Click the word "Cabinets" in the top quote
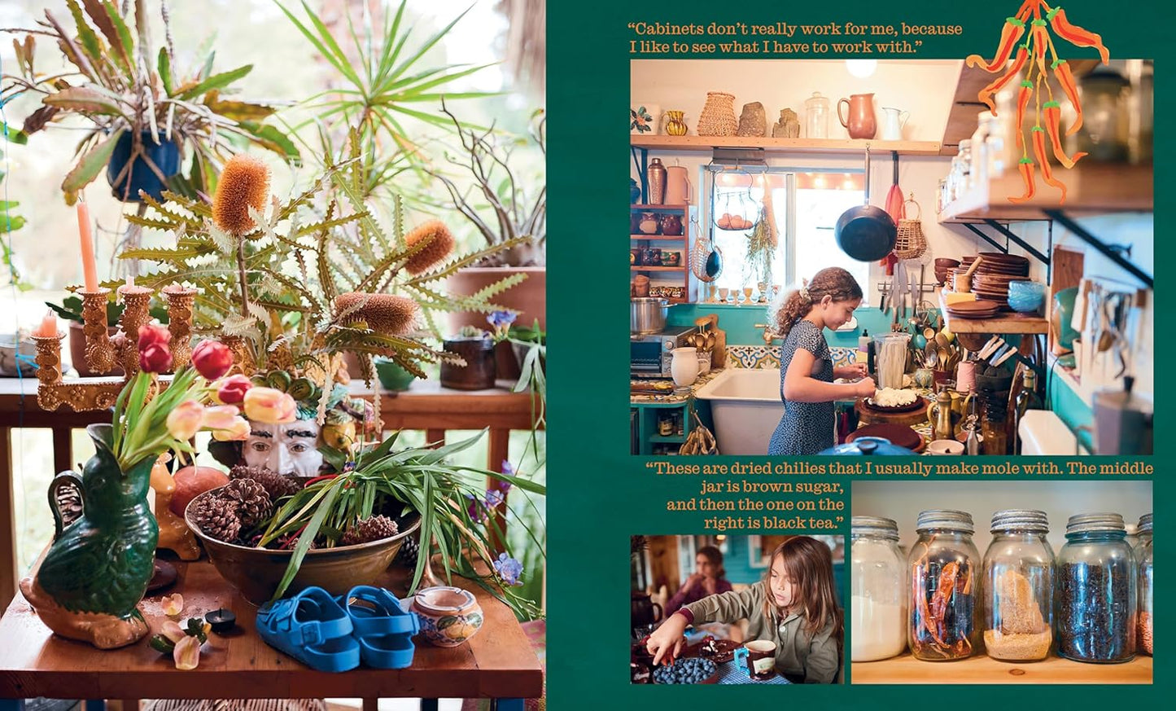(x=667, y=29)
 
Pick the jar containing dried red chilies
(x=943, y=586)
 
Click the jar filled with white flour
(x=879, y=589)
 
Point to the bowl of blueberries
(x=684, y=670)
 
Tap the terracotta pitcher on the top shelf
(x=856, y=116)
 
